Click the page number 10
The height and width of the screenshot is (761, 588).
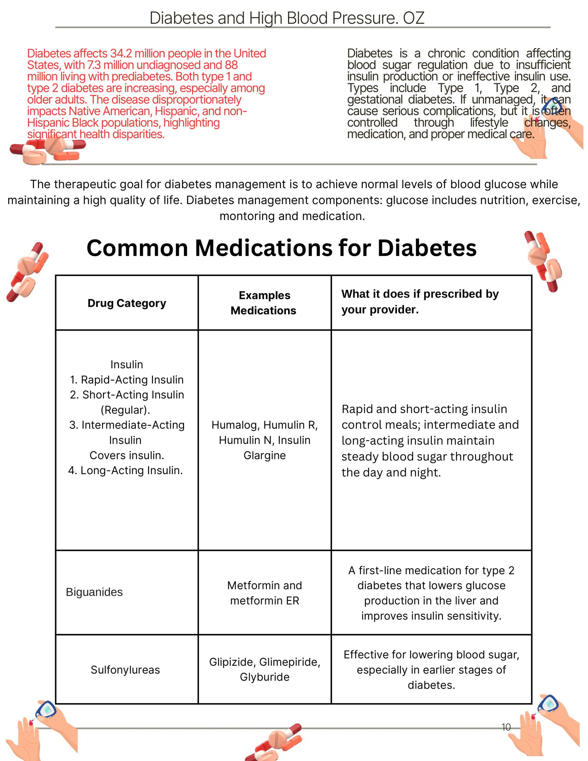(506, 727)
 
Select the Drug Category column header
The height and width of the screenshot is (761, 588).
(127, 303)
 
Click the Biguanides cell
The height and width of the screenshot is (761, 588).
(95, 592)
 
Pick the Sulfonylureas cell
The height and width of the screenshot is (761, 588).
(125, 670)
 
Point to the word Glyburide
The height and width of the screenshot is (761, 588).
(265, 677)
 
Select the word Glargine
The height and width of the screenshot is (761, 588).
(265, 455)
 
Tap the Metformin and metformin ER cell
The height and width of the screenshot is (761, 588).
(265, 593)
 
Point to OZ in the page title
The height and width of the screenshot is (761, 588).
(414, 18)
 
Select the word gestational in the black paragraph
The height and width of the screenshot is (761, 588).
(375, 100)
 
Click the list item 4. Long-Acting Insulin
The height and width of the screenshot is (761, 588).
(125, 470)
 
